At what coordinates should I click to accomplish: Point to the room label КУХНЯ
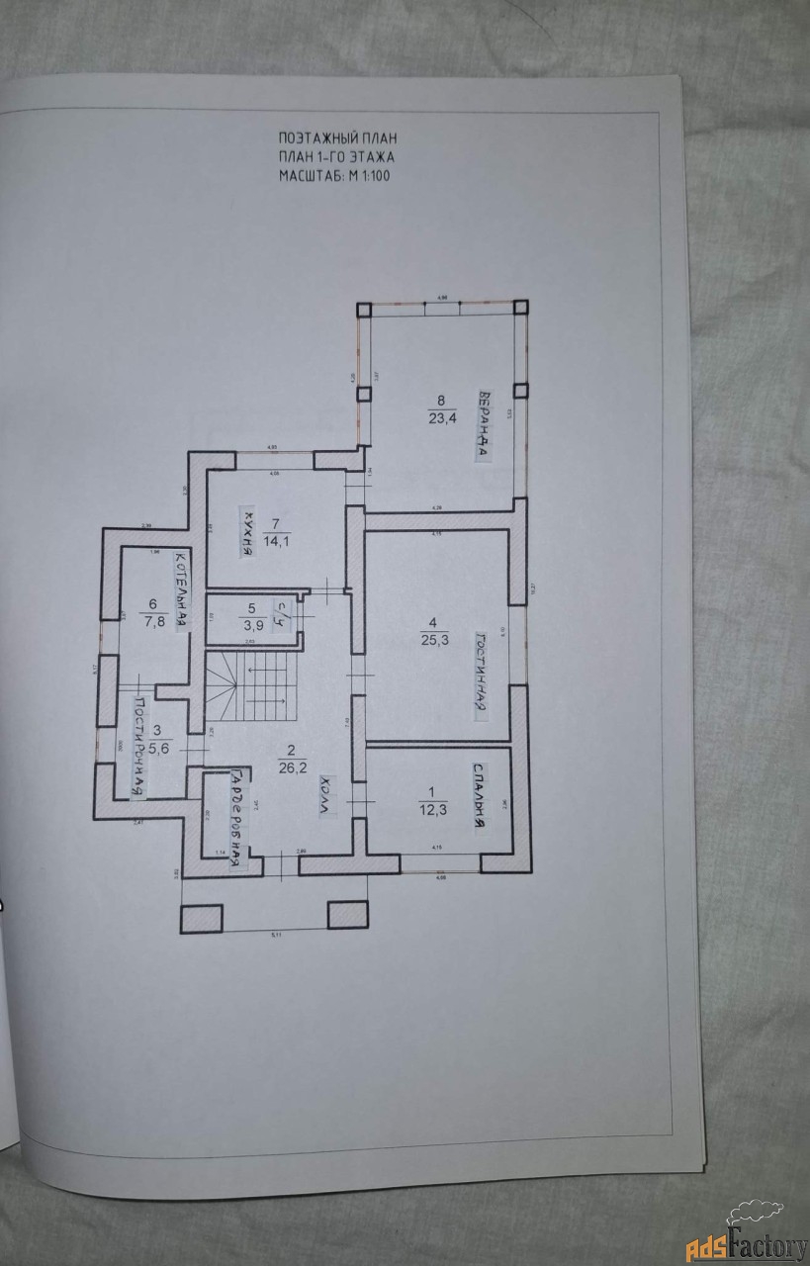tap(246, 535)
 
